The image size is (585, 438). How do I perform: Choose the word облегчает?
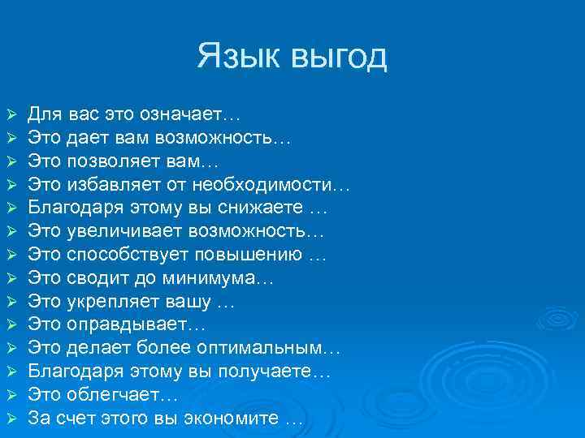(x=114, y=396)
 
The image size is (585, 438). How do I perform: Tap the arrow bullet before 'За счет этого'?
(x=10, y=420)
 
